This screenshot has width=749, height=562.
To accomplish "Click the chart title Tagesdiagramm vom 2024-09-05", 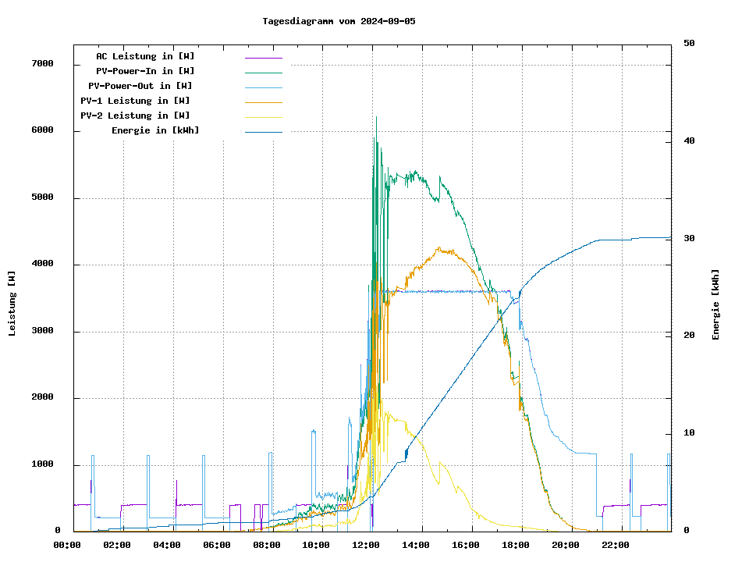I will coord(339,21).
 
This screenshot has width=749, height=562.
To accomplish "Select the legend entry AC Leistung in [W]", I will coord(145,56).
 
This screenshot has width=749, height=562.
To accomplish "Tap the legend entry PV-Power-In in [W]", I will coord(151,71).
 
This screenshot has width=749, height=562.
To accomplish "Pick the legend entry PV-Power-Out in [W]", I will coord(140,86).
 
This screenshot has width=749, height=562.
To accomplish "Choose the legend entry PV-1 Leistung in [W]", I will coord(135,101).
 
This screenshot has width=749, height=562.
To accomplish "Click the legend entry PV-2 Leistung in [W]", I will coord(135,116).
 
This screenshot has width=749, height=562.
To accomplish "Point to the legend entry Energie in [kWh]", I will coord(155,130).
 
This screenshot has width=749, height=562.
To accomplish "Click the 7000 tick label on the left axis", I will coord(42,64).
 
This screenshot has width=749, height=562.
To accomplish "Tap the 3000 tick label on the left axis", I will coord(42,332).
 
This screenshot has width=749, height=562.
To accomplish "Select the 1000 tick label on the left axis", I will coord(42,465).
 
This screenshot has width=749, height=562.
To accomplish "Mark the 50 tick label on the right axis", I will coord(689,44).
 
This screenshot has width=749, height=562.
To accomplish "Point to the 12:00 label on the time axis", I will coord(366,545).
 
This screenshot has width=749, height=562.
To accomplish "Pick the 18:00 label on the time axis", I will coord(516,545).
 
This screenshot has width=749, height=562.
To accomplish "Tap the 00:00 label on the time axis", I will coord(67,545).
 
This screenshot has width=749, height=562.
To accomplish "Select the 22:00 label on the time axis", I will coord(616,545).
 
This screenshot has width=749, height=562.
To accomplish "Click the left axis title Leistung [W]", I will coord(12,303).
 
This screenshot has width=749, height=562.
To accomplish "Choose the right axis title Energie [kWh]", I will coord(715,304).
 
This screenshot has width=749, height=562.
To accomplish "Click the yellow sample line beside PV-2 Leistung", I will coord(264,117).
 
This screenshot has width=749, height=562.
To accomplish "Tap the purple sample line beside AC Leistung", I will coord(264,58).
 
